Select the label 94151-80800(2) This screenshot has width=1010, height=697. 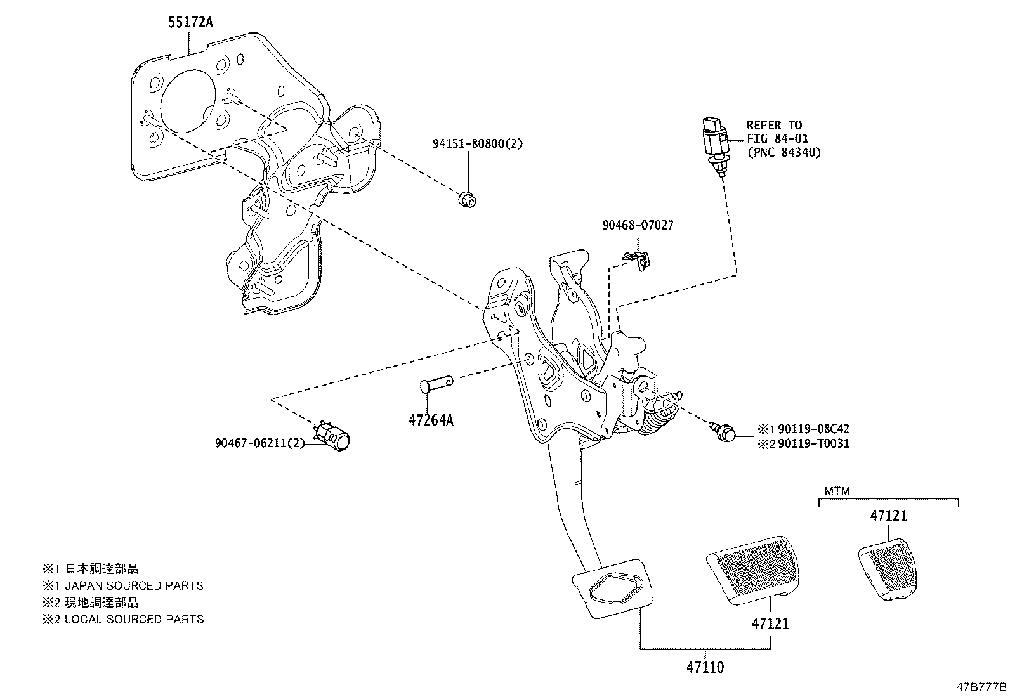[x=477, y=144]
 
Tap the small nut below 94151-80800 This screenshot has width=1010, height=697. [x=468, y=199]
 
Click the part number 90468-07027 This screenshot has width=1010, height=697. [x=638, y=225]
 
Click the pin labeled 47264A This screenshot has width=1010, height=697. [x=436, y=384]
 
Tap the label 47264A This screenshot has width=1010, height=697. [x=430, y=420]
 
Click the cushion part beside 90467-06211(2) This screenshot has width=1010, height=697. [x=338, y=438]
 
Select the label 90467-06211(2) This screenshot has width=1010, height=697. [x=259, y=443]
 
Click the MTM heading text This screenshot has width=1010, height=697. [x=837, y=491]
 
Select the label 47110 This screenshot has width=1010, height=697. [x=704, y=667]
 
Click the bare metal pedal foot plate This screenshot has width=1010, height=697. [x=612, y=587]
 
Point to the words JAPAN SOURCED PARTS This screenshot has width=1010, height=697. [x=134, y=586]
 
